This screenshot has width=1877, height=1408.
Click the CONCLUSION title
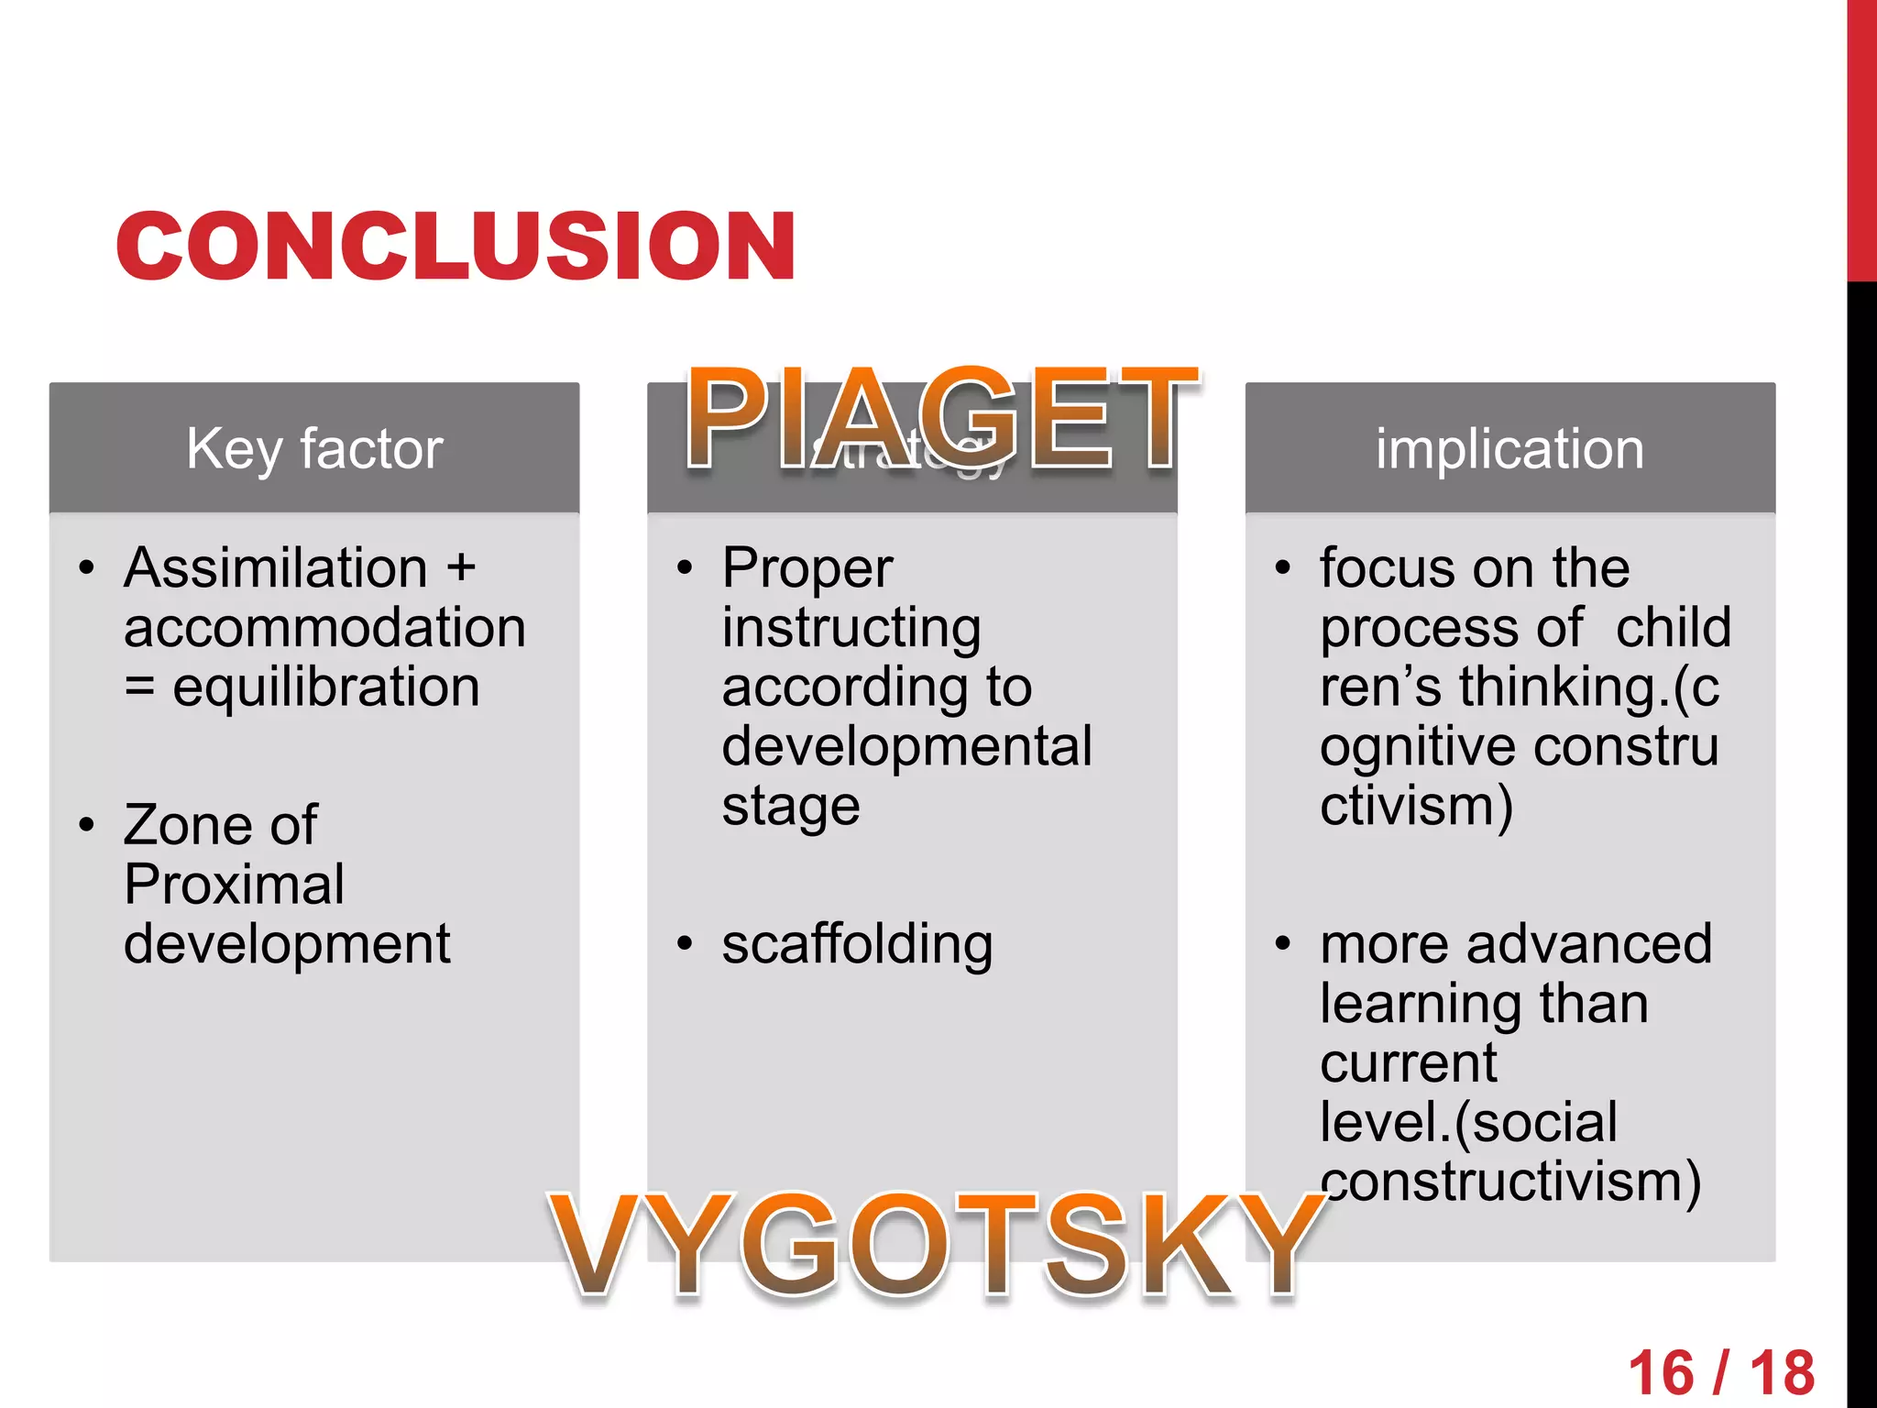click(456, 246)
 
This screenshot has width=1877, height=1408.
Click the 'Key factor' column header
click(314, 449)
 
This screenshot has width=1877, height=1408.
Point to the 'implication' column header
click(1509, 449)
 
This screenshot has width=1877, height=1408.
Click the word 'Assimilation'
click(276, 567)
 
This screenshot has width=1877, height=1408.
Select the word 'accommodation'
click(324, 628)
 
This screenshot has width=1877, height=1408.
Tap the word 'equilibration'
click(326, 687)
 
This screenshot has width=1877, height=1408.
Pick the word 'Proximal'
click(234, 885)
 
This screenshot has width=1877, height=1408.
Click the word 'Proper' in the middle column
click(807, 568)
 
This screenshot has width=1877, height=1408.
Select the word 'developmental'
click(906, 746)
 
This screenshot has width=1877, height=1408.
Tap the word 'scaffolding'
click(857, 944)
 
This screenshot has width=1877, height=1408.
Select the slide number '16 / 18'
click(1721, 1373)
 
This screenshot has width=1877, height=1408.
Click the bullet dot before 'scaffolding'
click(685, 943)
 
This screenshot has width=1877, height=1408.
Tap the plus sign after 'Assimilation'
click(461, 567)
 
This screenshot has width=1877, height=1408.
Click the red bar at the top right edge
click(1861, 137)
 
